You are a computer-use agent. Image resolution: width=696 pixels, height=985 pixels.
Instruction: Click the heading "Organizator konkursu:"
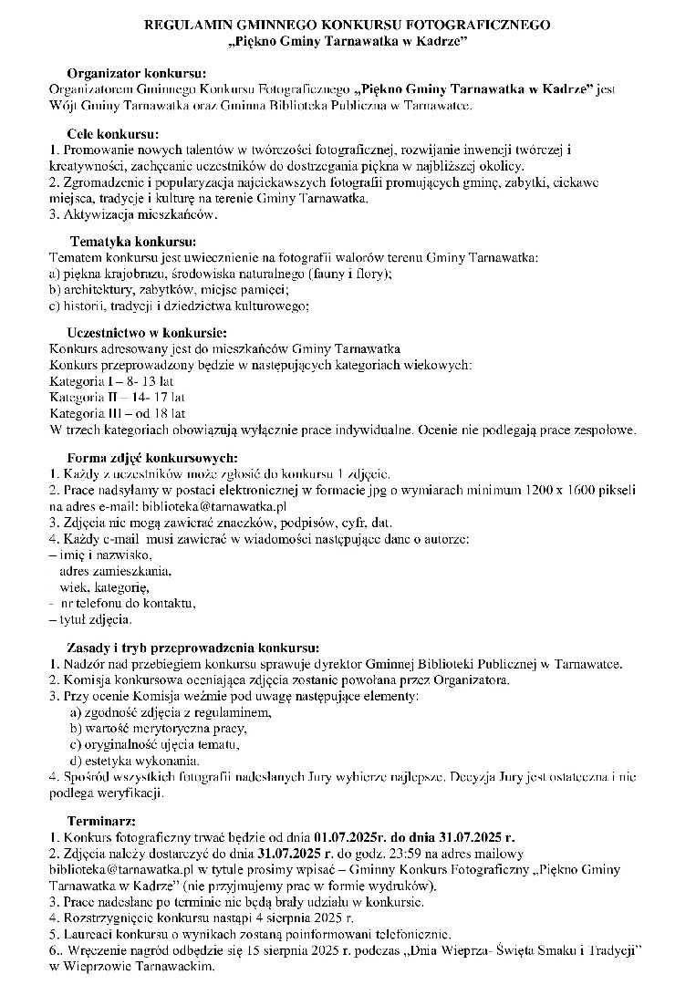tap(137, 73)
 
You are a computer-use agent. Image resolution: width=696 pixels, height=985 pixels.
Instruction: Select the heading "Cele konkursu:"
tap(112, 134)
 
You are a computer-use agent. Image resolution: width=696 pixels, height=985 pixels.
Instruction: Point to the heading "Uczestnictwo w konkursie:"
tap(147, 333)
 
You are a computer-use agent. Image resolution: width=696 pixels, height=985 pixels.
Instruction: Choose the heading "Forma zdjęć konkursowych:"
tap(152, 457)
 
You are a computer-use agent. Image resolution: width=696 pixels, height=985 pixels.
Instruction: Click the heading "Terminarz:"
tap(101, 821)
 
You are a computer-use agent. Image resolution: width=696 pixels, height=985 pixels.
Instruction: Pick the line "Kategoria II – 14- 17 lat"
tap(117, 398)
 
